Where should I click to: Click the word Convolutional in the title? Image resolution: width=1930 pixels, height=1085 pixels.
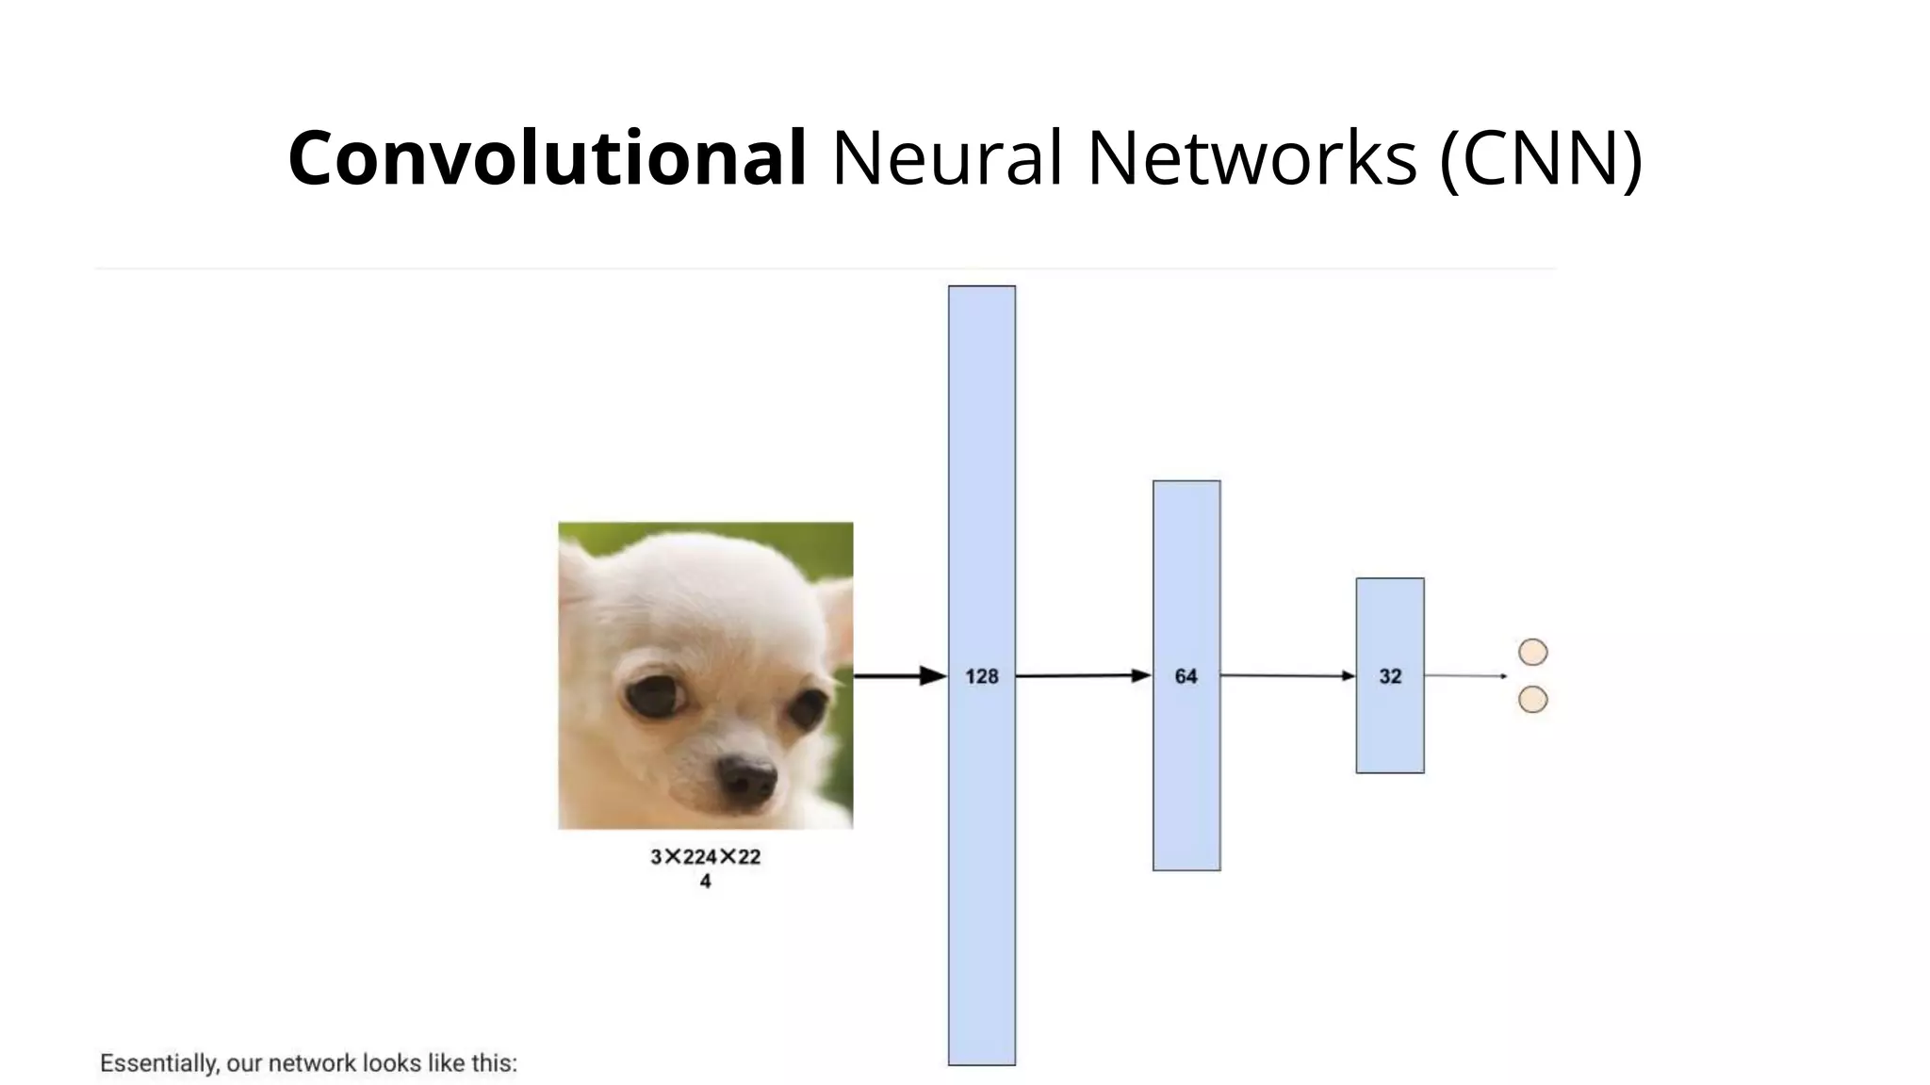(547, 158)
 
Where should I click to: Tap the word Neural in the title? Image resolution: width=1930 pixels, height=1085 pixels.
(947, 158)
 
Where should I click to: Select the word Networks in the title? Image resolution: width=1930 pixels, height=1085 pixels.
(1251, 158)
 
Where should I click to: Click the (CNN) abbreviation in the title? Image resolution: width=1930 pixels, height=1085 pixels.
(1541, 158)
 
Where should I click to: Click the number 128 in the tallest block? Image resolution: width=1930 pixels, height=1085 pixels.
(981, 676)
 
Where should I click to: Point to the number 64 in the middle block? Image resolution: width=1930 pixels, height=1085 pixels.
(1186, 676)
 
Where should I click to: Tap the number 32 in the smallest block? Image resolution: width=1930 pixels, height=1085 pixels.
(1390, 676)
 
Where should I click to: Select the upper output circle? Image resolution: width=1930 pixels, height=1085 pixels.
(1533, 652)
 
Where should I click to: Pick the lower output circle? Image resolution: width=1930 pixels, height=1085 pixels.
(1533, 700)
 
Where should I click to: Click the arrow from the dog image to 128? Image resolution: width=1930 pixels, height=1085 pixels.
(900, 676)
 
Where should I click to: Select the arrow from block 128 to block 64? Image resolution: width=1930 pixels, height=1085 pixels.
(1084, 675)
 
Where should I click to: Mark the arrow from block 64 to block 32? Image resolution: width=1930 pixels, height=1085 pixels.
(1287, 675)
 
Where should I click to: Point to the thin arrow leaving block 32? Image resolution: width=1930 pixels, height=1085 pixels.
(1465, 675)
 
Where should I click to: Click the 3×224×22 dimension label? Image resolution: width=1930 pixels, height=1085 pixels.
(705, 857)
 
